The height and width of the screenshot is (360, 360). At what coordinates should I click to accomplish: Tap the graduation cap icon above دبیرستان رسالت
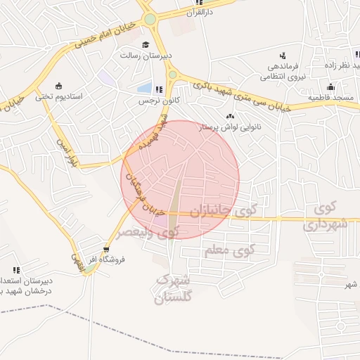[146, 44]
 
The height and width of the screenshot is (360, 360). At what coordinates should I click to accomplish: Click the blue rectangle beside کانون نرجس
[145, 89]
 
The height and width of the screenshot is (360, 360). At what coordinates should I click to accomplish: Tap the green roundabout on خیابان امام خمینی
[150, 19]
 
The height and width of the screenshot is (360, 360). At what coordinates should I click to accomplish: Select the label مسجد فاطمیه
[331, 98]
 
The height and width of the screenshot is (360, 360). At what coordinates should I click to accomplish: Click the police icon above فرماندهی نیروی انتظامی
[282, 56]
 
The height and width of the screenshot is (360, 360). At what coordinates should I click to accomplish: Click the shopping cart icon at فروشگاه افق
[106, 249]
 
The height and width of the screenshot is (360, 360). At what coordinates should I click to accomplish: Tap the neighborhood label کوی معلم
[229, 250]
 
